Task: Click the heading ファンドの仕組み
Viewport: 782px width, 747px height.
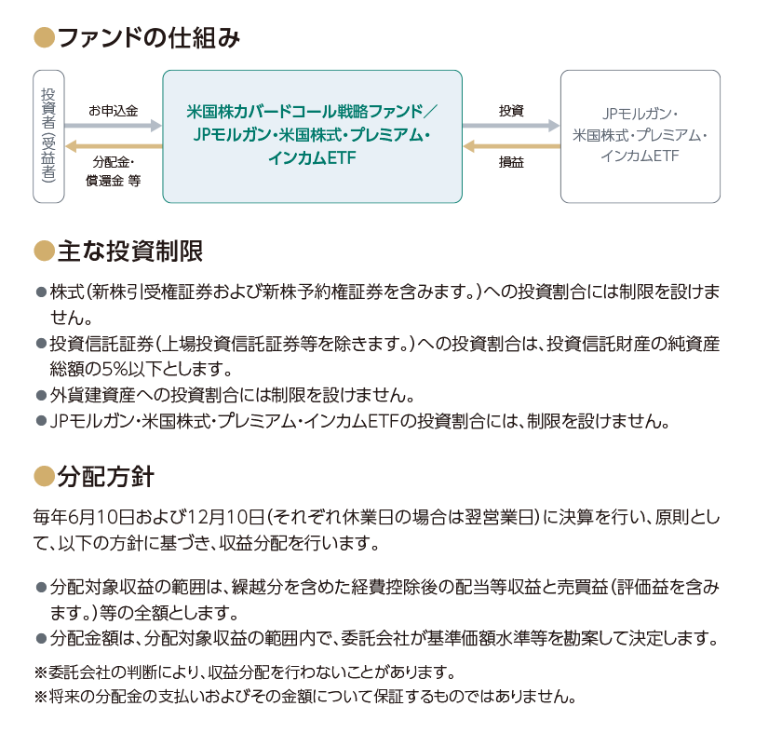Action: (x=149, y=38)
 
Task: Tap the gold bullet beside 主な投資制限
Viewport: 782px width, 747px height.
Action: (x=44, y=251)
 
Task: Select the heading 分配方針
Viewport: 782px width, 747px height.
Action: (x=106, y=477)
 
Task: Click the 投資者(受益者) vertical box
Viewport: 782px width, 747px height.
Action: (x=48, y=136)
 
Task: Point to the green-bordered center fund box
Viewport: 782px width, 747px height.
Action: (x=312, y=136)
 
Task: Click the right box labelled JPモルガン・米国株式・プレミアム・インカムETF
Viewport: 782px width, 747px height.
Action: (x=640, y=136)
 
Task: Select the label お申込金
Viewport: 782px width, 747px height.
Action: (x=114, y=111)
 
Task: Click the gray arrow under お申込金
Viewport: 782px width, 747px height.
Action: (x=114, y=125)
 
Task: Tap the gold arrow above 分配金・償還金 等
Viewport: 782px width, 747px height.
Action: (x=114, y=146)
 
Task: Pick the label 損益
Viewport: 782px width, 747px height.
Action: (x=511, y=162)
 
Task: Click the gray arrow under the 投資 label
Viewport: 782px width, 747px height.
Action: (x=511, y=125)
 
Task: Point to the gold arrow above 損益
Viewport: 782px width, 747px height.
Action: (x=511, y=146)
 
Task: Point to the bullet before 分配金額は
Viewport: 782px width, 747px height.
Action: (x=41, y=639)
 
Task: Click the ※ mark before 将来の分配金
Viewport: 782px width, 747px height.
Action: (x=40, y=696)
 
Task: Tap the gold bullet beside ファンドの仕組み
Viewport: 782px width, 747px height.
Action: (x=44, y=38)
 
